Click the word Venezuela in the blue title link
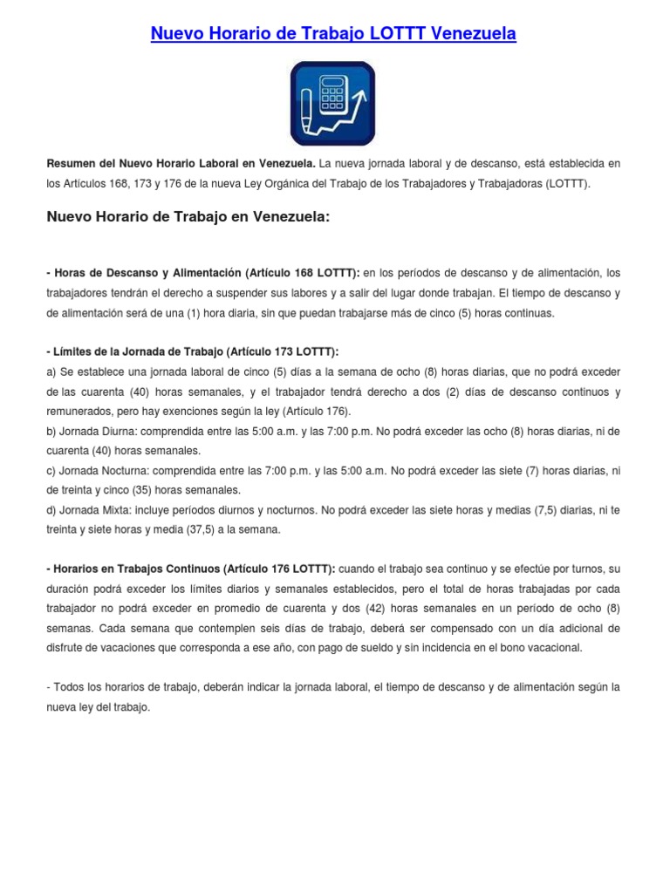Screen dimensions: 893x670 [472, 34]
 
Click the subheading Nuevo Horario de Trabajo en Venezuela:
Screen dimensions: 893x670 [188, 217]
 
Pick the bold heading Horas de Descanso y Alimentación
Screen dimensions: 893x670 [146, 272]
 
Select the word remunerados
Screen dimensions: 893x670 [81, 411]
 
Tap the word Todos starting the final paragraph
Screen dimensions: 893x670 [71, 687]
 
